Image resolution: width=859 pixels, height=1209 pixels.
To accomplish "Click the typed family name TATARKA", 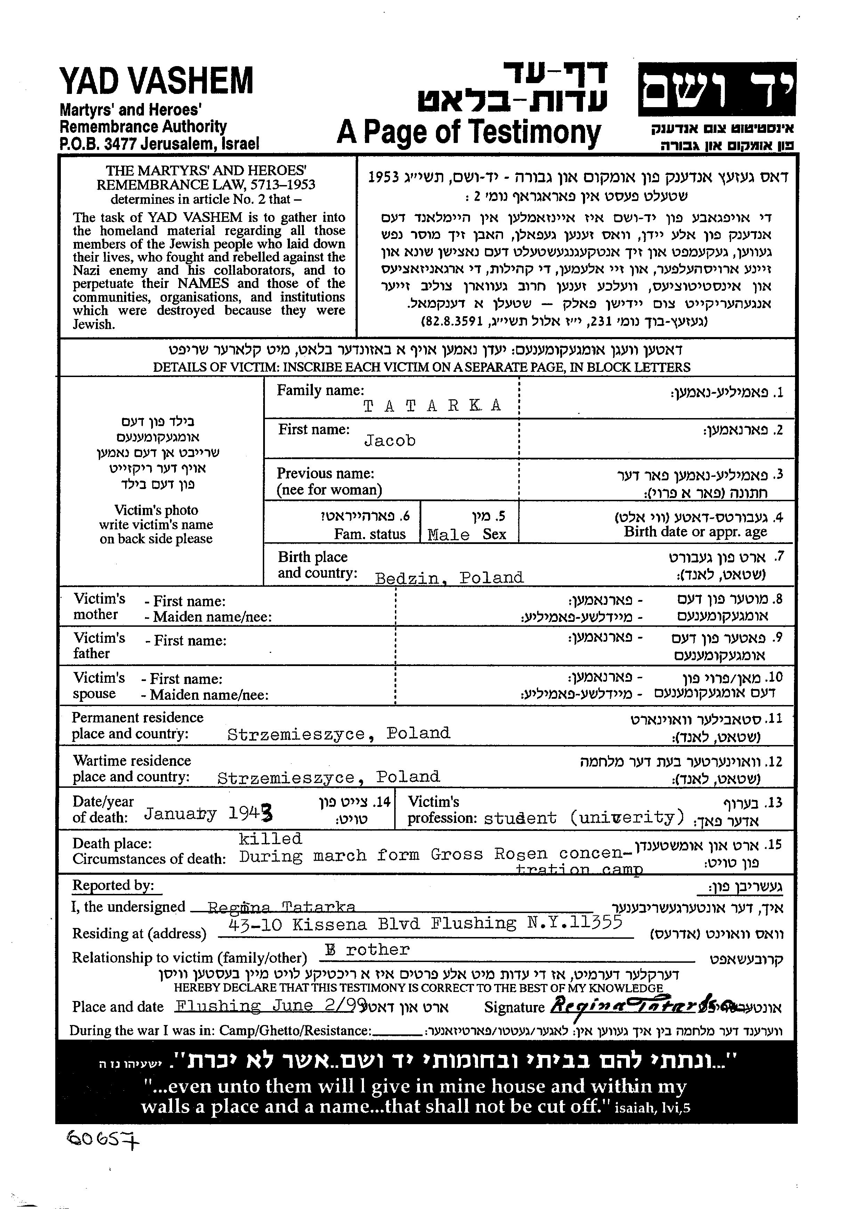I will [x=432, y=406].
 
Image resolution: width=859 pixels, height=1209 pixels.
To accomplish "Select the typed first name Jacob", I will [x=390, y=441].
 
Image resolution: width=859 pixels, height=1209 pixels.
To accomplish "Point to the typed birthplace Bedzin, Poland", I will [x=449, y=577].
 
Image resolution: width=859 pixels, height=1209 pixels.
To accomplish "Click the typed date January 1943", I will [x=209, y=813].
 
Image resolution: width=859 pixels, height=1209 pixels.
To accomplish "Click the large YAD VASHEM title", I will [x=156, y=81].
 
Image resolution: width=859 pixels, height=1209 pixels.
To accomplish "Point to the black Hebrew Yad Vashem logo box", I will [x=717, y=89].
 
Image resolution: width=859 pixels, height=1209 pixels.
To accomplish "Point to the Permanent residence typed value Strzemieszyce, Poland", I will [x=339, y=734].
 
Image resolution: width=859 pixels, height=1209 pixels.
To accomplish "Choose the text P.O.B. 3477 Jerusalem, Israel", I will [x=159, y=143].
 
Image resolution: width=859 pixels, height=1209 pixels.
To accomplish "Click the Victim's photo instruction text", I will [x=156, y=525].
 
